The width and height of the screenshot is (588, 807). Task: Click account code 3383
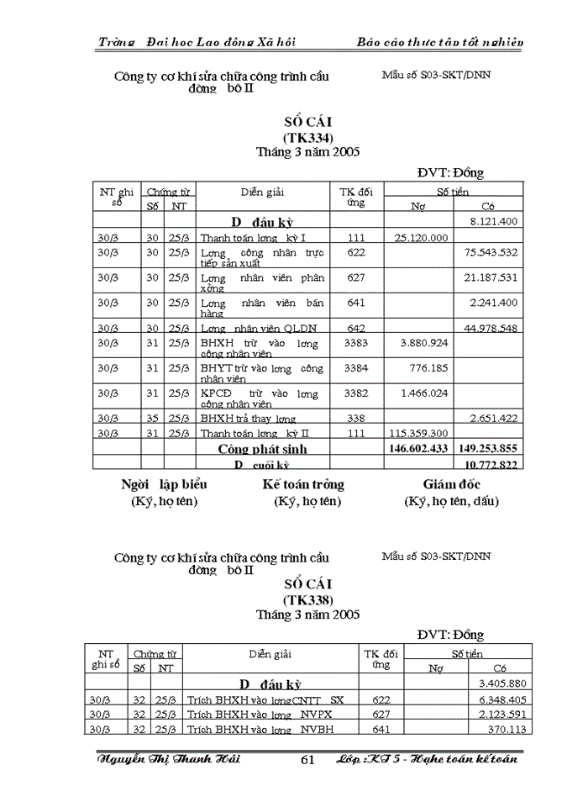[x=356, y=343]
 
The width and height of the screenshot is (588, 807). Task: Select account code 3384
[x=356, y=368]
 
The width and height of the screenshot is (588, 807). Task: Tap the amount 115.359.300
[x=419, y=434]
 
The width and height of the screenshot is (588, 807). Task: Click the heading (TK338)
[x=308, y=600]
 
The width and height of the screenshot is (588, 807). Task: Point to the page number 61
[x=307, y=760]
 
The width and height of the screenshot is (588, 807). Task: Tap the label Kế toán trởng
[x=303, y=484]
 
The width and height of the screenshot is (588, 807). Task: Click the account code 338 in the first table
[x=356, y=418]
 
